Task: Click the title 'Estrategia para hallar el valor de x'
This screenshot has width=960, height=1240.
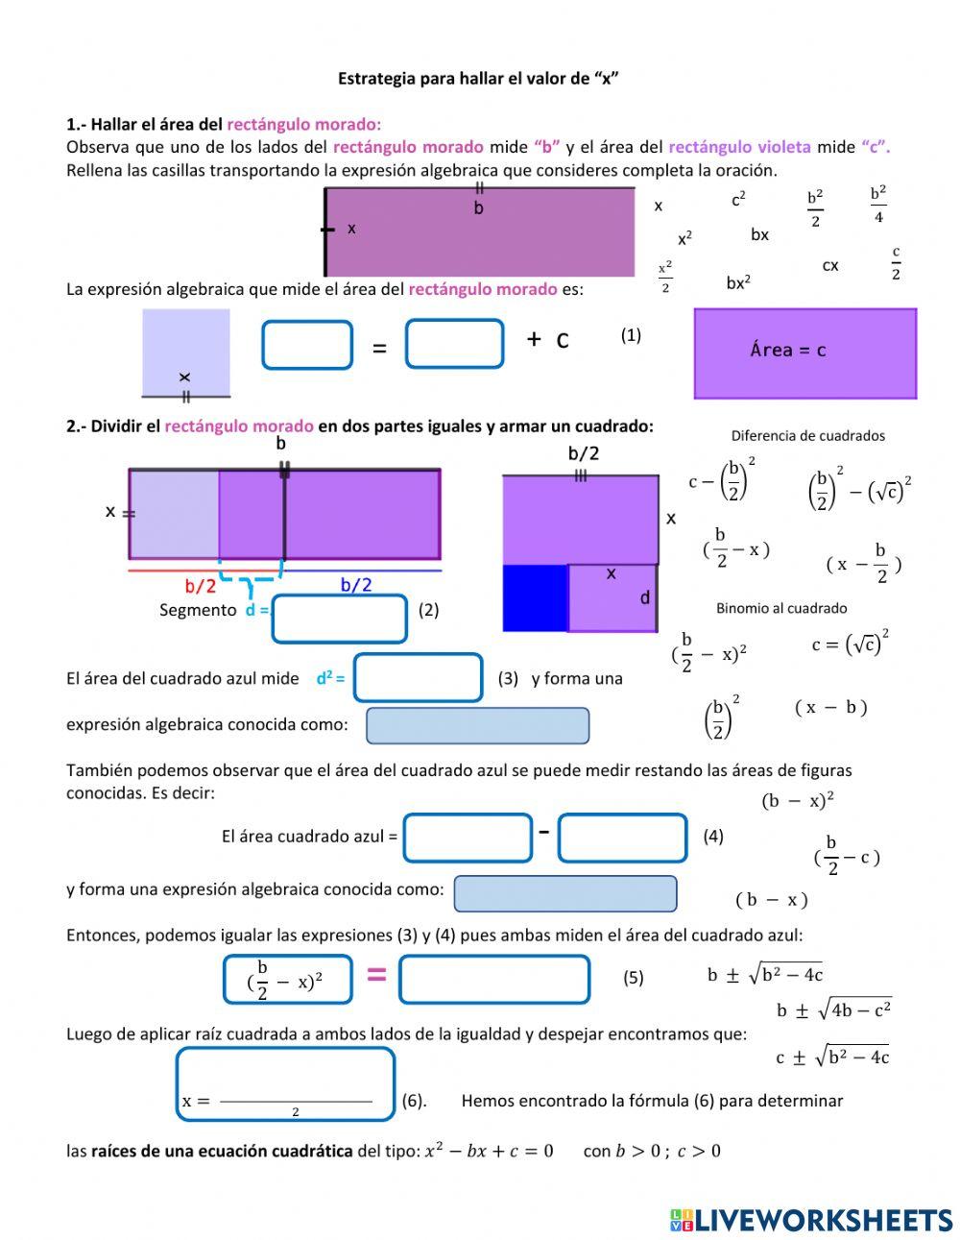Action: coord(477,79)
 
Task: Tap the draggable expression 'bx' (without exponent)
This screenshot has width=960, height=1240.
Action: coord(759,234)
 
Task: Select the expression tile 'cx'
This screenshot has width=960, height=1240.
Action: coord(830,265)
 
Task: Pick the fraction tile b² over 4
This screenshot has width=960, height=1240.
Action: coord(878,204)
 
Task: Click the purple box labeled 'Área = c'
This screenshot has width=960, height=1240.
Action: coord(804,353)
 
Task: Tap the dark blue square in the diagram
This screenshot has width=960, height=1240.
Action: coord(535,597)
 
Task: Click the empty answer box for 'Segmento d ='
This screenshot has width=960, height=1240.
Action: coord(340,619)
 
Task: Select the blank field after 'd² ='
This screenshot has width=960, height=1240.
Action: coord(418,678)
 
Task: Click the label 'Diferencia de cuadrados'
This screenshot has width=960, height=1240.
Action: coord(807,436)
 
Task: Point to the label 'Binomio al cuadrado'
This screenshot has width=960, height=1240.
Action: coord(781,608)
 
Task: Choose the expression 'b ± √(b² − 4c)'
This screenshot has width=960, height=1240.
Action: coord(765,974)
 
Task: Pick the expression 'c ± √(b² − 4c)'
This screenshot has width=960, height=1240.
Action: coord(832,1057)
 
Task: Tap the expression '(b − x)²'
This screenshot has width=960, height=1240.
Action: coord(798,800)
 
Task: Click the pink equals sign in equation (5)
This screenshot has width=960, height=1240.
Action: coord(376,975)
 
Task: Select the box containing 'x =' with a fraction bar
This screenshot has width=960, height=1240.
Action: coord(285,1083)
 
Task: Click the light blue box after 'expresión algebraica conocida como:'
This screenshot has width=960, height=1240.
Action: coord(477,726)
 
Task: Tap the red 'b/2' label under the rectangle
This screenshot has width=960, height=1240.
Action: coord(200,585)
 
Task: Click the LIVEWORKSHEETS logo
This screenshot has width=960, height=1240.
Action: coord(810,1220)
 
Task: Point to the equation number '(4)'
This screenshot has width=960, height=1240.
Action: coord(712,837)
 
